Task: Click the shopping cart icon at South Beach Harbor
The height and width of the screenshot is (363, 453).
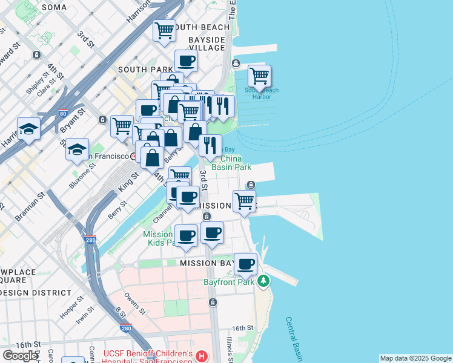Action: (259, 76)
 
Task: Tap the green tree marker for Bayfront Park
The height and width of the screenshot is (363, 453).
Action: (263, 281)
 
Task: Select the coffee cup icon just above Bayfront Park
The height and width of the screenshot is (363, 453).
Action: (245, 264)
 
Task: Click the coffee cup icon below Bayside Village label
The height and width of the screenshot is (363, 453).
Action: (186, 60)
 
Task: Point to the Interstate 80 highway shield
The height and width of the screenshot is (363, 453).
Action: (63, 113)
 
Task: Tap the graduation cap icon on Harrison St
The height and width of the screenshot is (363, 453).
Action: (28, 128)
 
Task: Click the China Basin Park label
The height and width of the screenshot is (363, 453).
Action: (231, 163)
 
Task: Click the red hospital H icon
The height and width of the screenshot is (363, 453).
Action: (202, 356)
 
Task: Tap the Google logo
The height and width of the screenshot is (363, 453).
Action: (20, 356)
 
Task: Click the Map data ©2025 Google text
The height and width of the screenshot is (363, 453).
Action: (415, 358)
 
